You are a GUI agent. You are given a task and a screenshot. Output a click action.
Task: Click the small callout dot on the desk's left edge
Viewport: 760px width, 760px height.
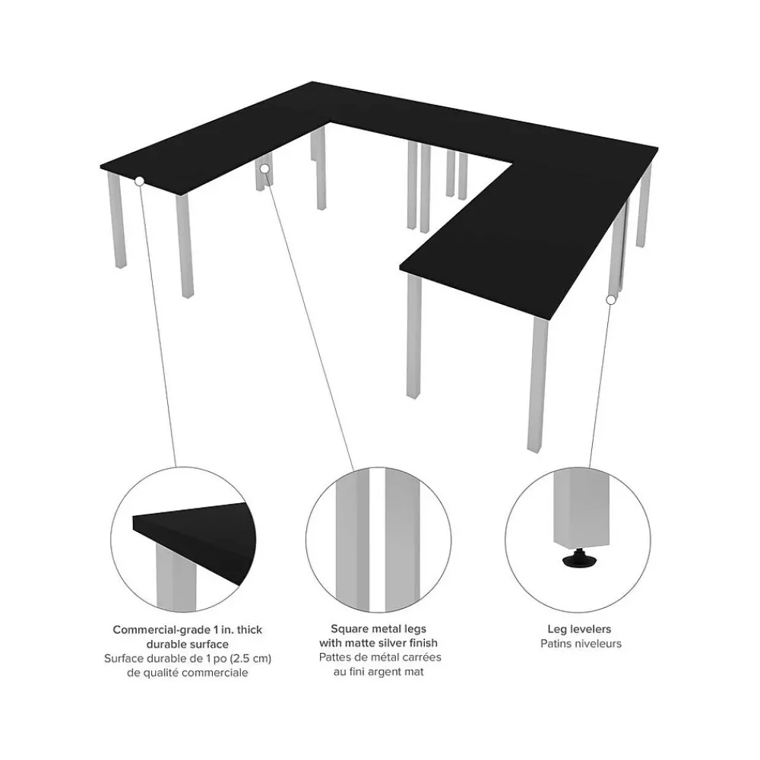click(x=139, y=181)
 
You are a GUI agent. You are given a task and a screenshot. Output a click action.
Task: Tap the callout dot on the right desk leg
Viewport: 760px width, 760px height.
click(x=610, y=299)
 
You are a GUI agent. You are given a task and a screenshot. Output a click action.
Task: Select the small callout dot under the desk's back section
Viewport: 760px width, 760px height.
click(x=265, y=167)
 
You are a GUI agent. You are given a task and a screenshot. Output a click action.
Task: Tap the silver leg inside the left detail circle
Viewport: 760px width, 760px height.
click(x=170, y=581)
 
